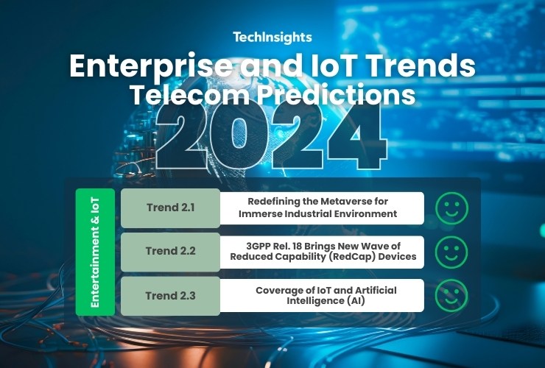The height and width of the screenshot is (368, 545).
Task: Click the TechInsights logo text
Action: click(x=272, y=38)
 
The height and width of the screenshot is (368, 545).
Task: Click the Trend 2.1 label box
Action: click(x=170, y=208)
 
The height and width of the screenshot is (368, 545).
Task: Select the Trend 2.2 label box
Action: click(x=170, y=251)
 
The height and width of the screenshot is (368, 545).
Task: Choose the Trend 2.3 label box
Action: click(x=170, y=296)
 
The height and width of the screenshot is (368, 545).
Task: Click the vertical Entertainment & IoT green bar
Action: click(x=95, y=252)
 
